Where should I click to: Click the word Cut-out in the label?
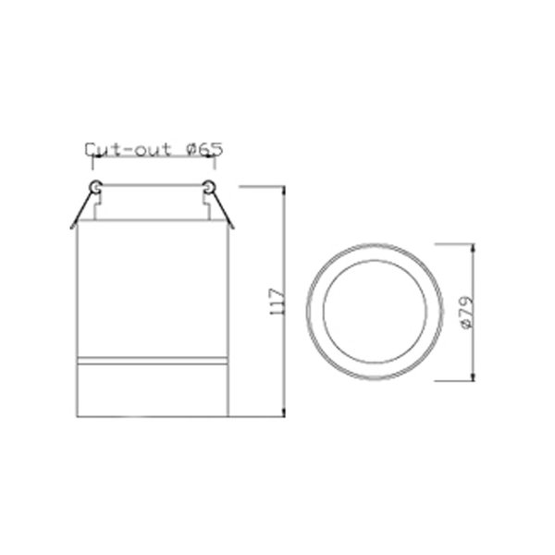[128, 150]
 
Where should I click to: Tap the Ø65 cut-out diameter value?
[204, 149]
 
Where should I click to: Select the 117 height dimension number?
[277, 302]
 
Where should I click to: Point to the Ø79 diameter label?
[467, 313]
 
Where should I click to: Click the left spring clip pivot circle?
[95, 187]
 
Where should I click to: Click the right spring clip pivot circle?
[208, 187]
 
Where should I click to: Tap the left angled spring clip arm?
[82, 210]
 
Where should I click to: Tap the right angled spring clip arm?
[222, 210]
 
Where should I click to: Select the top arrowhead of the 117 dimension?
[283, 190]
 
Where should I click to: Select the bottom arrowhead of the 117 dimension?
[283, 413]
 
